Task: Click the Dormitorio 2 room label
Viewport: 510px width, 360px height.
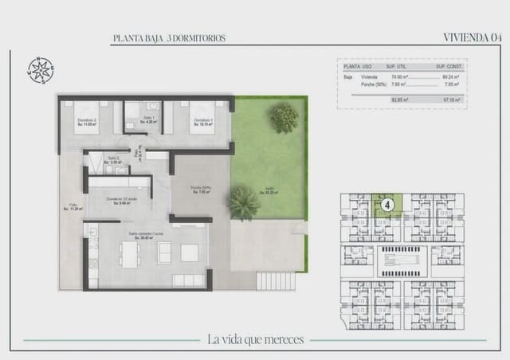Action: (x=87, y=122)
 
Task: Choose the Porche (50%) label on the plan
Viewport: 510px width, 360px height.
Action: (x=199, y=190)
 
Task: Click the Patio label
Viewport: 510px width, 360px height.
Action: (x=73, y=206)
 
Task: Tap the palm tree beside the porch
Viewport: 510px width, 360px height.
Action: (x=245, y=202)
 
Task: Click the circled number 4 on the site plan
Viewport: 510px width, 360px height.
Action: (x=386, y=205)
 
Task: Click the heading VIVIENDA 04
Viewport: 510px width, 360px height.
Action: (x=472, y=37)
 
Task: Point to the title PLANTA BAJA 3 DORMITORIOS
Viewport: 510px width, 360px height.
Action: (x=169, y=37)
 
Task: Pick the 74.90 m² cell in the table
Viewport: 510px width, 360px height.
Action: (x=395, y=78)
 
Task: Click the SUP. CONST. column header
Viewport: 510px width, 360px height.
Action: (x=450, y=67)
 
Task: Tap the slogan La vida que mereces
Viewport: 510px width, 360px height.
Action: (x=255, y=339)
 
